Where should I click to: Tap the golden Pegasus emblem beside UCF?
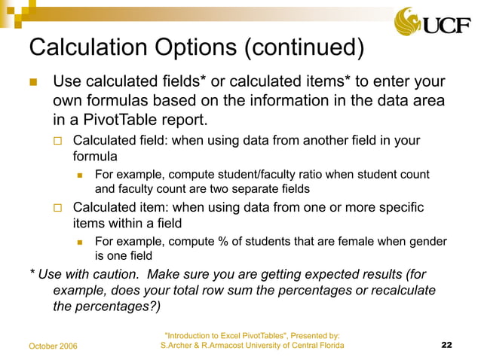point(409,22)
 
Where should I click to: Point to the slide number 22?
point(446,345)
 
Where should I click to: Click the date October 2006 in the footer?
point(58,346)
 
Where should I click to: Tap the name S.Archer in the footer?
point(179,345)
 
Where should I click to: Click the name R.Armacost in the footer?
point(227,345)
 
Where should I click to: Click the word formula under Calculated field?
point(95,157)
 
